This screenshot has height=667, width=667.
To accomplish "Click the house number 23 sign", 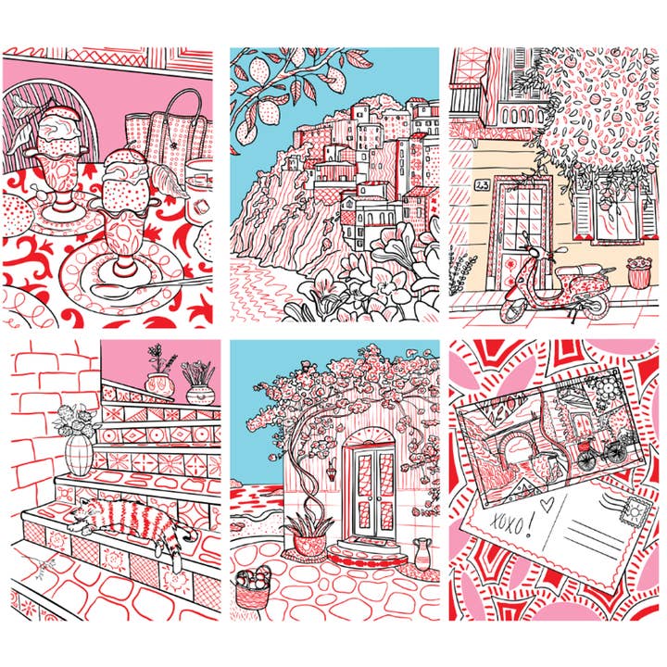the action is pos(483,185).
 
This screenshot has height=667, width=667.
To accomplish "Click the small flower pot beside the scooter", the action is pos(638,272).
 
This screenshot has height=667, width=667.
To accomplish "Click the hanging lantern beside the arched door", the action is pos(332,471).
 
